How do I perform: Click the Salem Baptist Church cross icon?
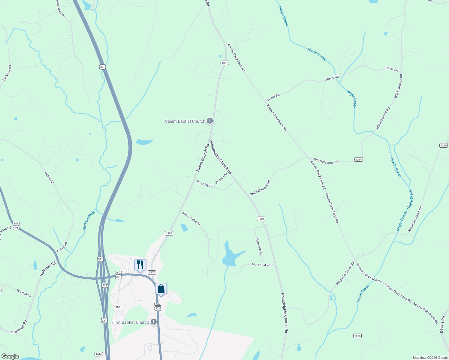tap(210, 121)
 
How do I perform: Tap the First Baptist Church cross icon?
tap(154, 322)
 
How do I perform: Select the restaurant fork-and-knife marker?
tap(140, 265)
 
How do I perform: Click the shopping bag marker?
tap(161, 289)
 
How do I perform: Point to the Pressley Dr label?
tap(204, 184)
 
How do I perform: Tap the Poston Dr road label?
tap(221, 178)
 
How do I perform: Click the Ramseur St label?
tap(259, 247)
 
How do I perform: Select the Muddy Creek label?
tap(89, 220)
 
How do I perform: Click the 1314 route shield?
tap(358, 160)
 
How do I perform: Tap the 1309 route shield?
tap(444, 145)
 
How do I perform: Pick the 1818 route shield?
tap(357, 336)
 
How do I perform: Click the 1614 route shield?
tap(99, 354)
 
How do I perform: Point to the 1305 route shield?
tap(117, 307)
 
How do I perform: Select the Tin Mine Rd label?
tap(7, 73)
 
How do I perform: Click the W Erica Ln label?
tap(24, 293)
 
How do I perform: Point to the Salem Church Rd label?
tap(203, 158)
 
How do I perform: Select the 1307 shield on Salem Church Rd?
tap(169, 233)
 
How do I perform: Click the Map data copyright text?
tap(430, 358)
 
